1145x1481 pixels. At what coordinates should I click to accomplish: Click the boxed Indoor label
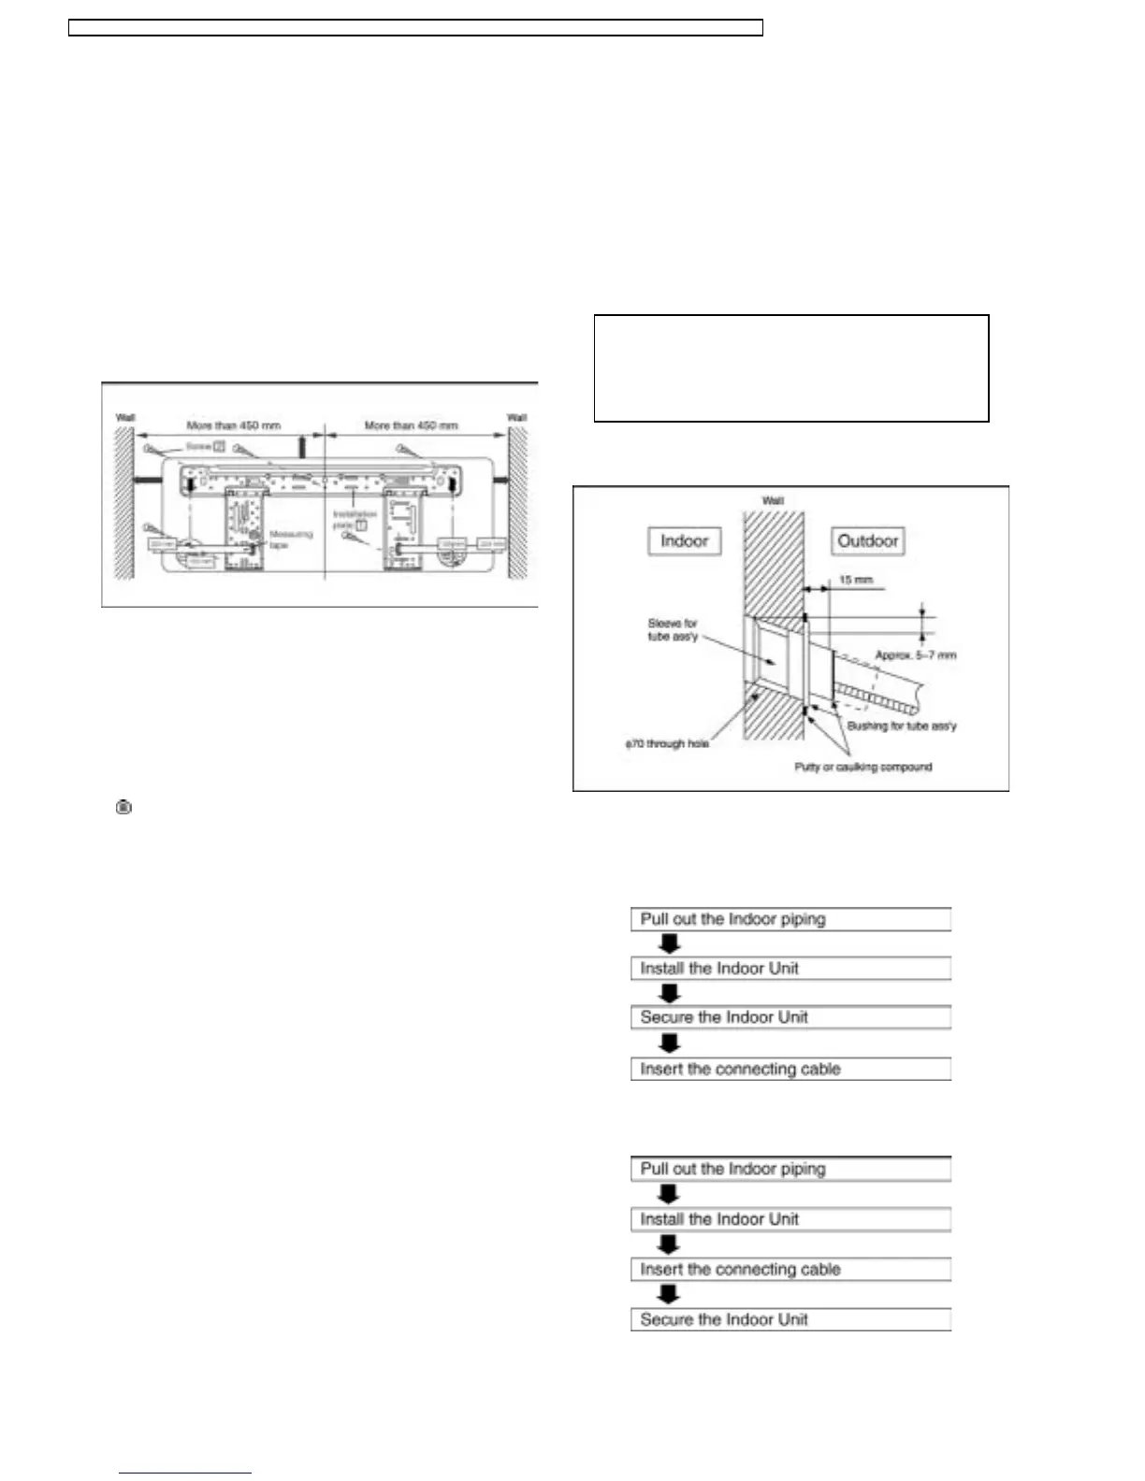(685, 541)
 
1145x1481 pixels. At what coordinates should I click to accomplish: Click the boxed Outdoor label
(867, 541)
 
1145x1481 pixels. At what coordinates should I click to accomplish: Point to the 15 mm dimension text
(855, 580)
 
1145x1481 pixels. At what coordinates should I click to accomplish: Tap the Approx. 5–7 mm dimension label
(915, 655)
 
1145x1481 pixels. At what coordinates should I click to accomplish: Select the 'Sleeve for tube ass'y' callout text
(673, 629)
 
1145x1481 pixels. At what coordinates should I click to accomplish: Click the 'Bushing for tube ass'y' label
(902, 726)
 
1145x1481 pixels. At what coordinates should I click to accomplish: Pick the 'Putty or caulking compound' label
(862, 767)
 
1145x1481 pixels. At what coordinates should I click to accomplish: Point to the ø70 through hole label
(667, 744)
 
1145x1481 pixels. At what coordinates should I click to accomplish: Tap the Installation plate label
(354, 520)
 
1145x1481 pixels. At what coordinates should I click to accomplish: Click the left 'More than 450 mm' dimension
(233, 425)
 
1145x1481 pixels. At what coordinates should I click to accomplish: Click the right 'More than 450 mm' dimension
(411, 425)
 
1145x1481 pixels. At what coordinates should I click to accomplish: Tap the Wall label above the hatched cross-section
(773, 501)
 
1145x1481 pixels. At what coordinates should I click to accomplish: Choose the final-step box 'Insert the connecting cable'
(790, 1069)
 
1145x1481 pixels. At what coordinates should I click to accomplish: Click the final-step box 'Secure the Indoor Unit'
(790, 1319)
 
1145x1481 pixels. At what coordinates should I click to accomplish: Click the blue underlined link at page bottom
(185, 1473)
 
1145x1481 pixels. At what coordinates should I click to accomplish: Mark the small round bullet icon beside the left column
(123, 806)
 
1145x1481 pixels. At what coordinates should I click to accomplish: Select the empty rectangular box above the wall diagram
(791, 368)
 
